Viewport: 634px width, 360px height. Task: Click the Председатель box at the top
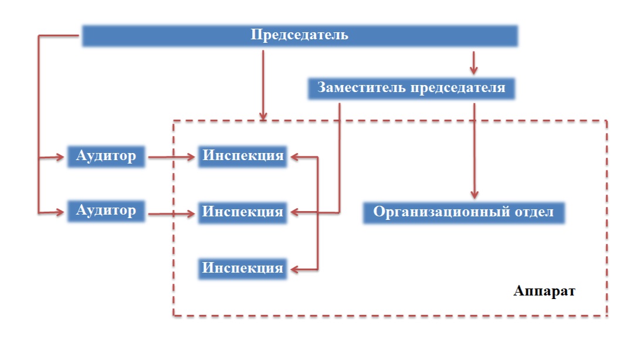(299, 35)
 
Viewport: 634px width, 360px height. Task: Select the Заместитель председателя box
(411, 88)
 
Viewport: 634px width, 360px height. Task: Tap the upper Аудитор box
(106, 157)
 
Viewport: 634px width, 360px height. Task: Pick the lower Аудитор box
(106, 210)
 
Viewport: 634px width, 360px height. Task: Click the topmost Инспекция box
(242, 157)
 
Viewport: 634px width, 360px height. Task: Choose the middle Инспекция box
(242, 212)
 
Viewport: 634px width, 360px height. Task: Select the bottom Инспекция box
(242, 269)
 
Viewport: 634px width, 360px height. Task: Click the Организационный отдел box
(463, 212)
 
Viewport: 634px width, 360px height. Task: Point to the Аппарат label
(544, 291)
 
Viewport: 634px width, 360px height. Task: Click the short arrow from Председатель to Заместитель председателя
(474, 61)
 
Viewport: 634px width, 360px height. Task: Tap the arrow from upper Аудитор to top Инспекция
(171, 157)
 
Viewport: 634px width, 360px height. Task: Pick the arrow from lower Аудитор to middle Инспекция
(171, 215)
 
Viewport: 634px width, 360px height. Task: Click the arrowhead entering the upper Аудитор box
(60, 157)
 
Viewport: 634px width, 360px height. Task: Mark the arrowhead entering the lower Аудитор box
(60, 212)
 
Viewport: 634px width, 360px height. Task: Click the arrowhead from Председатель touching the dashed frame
(263, 117)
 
